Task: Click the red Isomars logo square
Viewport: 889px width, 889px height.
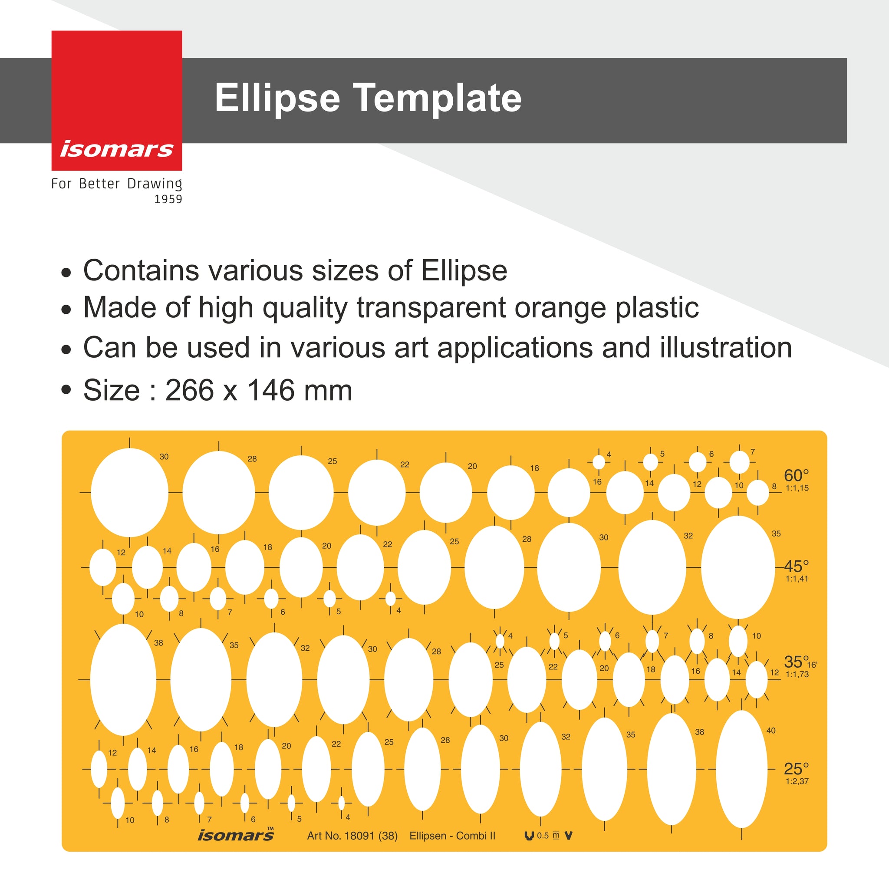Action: (x=117, y=100)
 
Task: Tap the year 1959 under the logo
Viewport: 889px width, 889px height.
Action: (x=168, y=199)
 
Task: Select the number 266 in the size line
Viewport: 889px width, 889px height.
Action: (x=190, y=390)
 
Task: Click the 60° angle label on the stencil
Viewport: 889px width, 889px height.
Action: (x=796, y=475)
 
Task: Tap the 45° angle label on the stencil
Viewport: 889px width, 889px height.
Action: (x=796, y=566)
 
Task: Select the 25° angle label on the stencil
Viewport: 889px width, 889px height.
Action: (x=796, y=769)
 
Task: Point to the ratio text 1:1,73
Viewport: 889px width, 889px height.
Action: (x=797, y=675)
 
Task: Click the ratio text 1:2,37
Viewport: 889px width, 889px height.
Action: (x=797, y=781)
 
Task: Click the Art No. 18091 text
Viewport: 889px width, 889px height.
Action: (x=352, y=836)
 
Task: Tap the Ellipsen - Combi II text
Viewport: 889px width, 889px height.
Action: (x=452, y=836)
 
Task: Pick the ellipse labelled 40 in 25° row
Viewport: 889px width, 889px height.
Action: (x=742, y=769)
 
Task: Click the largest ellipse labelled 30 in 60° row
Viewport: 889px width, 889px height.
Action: (x=130, y=492)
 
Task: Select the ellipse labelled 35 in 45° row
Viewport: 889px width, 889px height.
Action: (x=738, y=567)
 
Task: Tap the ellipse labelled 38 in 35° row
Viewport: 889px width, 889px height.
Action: (x=123, y=680)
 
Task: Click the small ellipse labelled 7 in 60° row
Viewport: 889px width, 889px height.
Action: (x=739, y=462)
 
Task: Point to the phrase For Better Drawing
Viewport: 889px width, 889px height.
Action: (x=117, y=184)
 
